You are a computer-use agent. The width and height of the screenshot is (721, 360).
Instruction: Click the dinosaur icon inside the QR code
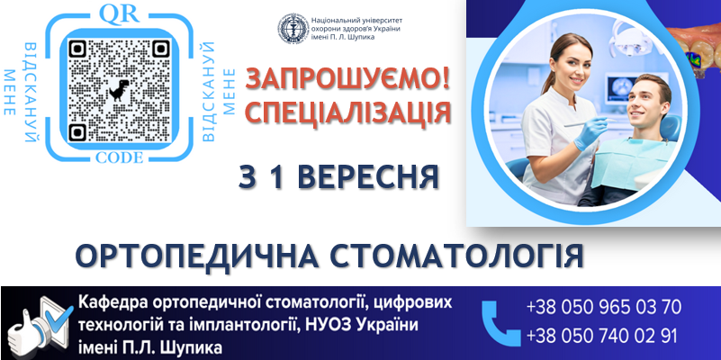pos(119,91)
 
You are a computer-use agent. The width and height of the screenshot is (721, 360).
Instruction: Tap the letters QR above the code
pos(119,14)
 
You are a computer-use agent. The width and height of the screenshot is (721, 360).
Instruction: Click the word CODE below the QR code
pos(120,157)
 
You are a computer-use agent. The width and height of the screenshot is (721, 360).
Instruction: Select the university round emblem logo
pos(293,29)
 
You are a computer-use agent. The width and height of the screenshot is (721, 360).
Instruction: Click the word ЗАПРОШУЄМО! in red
pos(347,79)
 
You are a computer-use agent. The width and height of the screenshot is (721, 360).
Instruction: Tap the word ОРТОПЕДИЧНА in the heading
pos(197,256)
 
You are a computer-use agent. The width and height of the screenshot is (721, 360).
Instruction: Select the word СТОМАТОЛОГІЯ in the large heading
pos(456,256)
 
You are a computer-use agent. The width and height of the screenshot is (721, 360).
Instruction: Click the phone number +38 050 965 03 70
pos(604,307)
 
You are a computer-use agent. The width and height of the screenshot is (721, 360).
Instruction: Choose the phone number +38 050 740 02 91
pos(601,336)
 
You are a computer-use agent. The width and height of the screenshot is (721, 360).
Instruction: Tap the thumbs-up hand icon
pos(27,331)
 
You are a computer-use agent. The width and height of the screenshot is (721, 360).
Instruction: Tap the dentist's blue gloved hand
pos(590,132)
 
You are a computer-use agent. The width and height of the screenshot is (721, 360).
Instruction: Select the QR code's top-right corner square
pos(161,49)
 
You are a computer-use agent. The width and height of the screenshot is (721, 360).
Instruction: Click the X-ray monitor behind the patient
pos(624,87)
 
